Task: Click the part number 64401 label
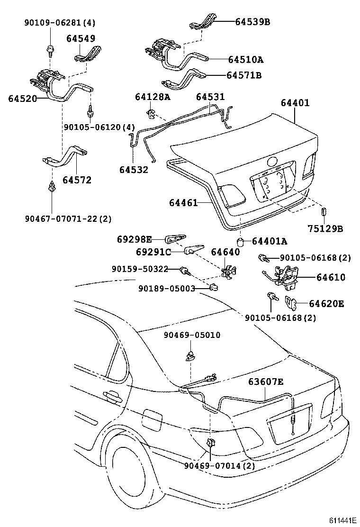295,102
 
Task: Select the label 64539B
252,21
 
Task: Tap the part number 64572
77,180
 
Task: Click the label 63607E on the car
267,382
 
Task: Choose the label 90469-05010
192,335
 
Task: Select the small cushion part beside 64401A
241,242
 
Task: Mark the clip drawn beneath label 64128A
151,114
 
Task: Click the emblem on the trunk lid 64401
274,163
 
